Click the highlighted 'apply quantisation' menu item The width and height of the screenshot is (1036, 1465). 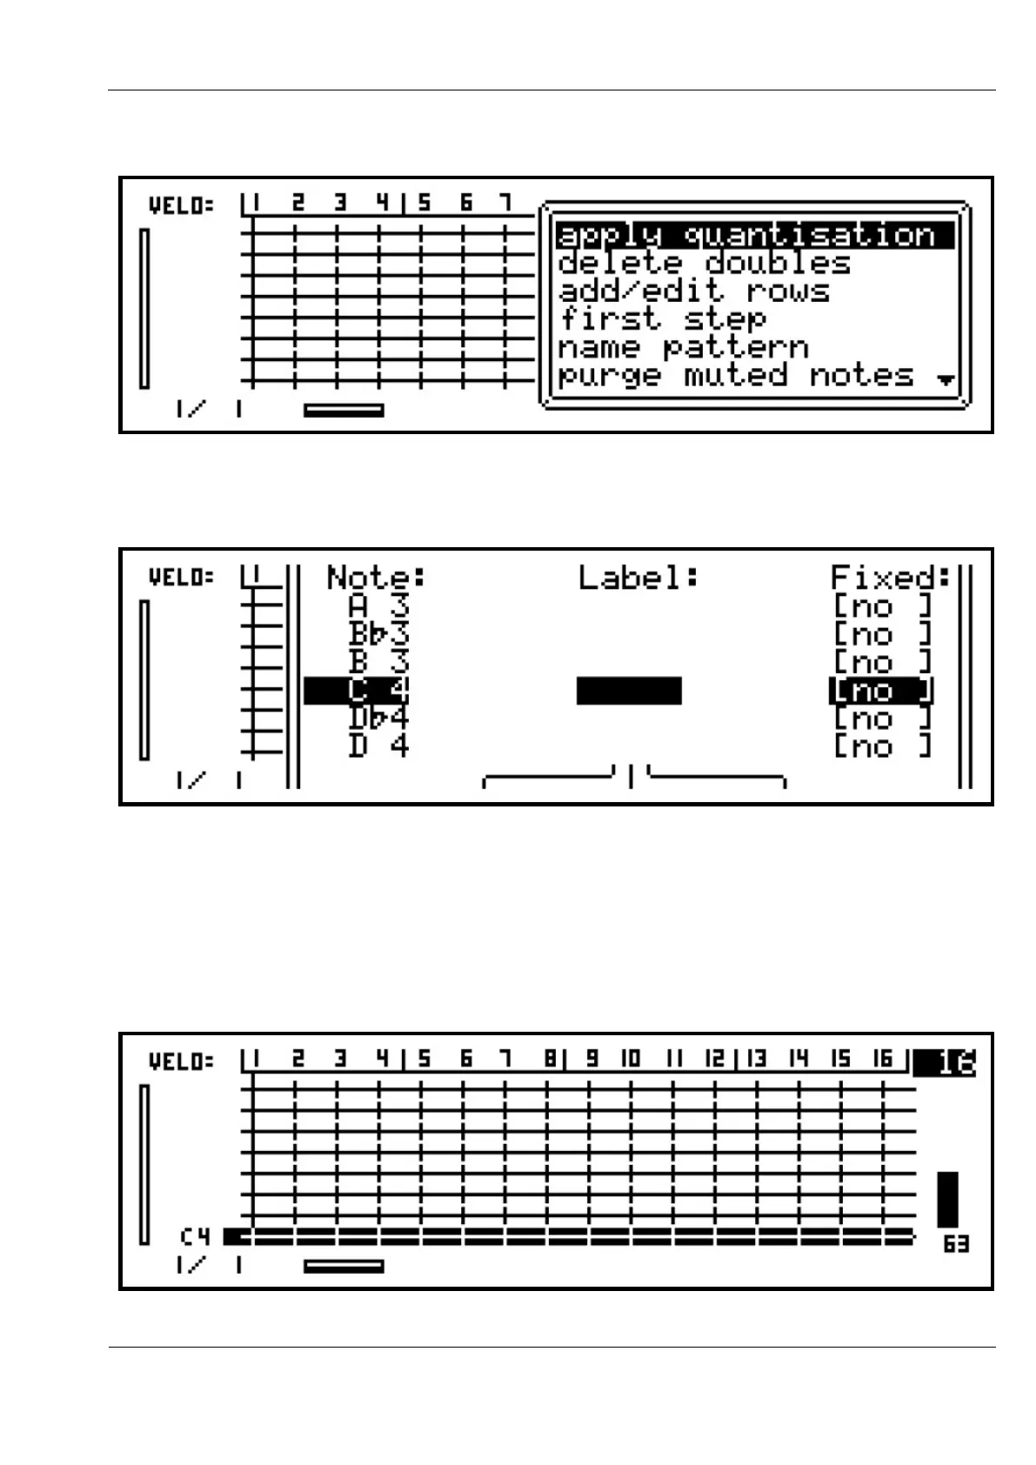point(753,235)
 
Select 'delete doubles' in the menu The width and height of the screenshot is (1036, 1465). point(703,263)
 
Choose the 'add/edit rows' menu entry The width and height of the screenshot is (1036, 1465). point(693,291)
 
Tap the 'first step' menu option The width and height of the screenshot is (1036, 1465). point(662,318)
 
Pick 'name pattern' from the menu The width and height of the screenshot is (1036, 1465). point(683,347)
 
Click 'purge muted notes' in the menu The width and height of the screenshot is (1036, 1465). point(735,375)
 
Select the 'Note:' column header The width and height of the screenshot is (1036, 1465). point(376,577)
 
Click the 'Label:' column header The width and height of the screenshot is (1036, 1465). point(638,577)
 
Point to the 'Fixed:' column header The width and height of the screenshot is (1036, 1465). point(891,577)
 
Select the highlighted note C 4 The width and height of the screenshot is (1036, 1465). point(357,691)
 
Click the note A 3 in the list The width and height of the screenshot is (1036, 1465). point(378,606)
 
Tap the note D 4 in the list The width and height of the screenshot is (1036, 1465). point(378,746)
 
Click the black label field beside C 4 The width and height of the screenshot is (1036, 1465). point(629,691)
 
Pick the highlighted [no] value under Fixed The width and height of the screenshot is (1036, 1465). point(881,691)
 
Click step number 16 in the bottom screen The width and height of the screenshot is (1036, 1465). point(882,1059)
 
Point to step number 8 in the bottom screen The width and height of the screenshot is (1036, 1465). point(550,1059)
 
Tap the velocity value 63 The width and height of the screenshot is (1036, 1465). point(956,1244)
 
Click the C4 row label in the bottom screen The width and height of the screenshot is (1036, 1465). point(195,1236)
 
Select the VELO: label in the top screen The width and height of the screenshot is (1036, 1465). point(181,206)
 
